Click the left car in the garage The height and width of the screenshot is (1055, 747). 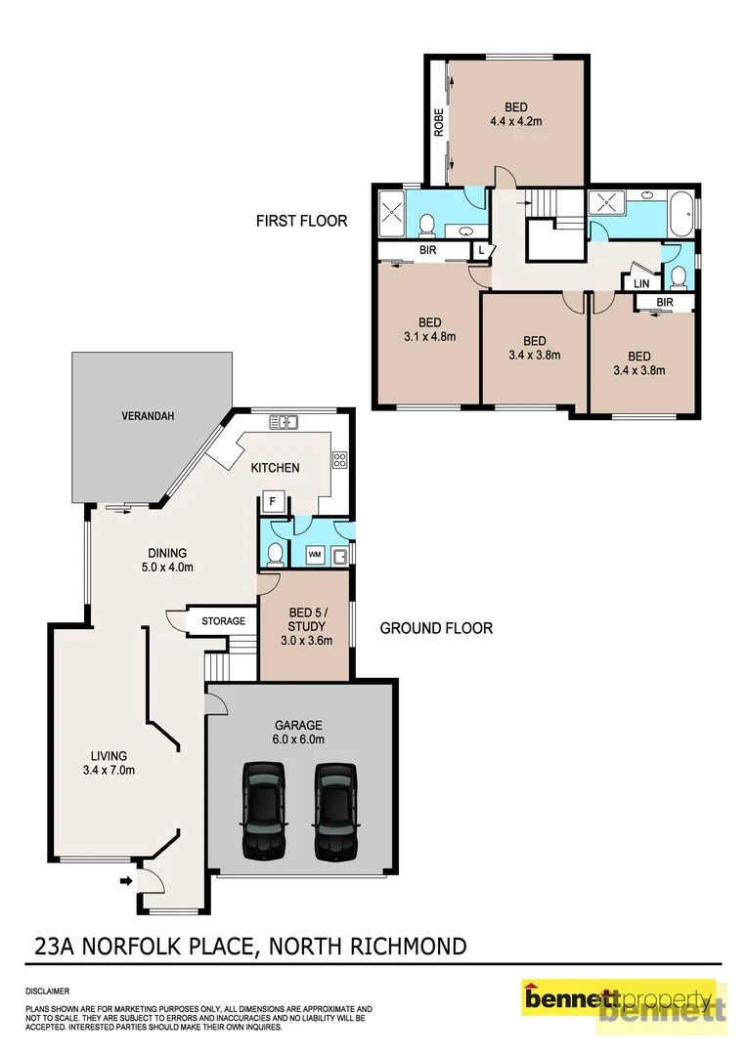pos(264,810)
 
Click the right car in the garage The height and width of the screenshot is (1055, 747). pos(335,810)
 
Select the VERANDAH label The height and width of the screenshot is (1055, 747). pos(149,416)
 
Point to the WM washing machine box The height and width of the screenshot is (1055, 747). pos(315,554)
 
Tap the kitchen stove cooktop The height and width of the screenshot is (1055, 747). pos(340,458)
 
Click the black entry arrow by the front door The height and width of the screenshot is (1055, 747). pos(125,882)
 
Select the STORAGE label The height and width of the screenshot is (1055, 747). pos(223,620)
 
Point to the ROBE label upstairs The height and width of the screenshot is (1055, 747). pos(439,121)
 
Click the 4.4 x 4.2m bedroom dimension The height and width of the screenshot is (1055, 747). pos(515,122)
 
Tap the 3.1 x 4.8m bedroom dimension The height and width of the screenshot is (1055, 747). pos(429,336)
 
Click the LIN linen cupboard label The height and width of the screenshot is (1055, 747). pos(641,283)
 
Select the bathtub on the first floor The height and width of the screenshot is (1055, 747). pos(681,212)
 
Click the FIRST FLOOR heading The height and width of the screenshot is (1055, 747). pos(301,221)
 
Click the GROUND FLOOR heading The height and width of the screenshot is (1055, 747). pos(435,628)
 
